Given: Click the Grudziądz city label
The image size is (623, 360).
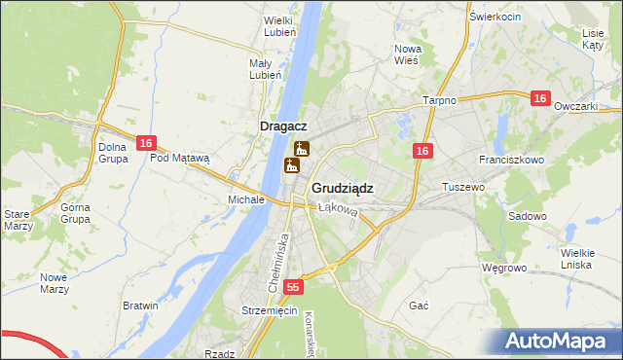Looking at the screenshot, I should pos(342,188).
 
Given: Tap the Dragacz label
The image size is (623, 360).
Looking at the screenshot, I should pos(284,126).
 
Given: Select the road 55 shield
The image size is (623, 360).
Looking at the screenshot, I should pos(295,288).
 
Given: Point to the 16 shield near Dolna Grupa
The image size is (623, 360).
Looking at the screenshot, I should pos(145,143).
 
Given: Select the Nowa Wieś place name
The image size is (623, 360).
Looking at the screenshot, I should pos(407,54).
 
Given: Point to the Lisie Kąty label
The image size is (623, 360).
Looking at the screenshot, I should pos(593,39).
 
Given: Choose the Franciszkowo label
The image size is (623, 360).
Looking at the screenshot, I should pos(510,159).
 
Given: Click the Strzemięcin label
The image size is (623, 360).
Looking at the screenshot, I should pos(269,310).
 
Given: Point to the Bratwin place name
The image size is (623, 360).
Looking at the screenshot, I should pos(140,306).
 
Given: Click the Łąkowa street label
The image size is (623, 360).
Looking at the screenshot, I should pos(338,208).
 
